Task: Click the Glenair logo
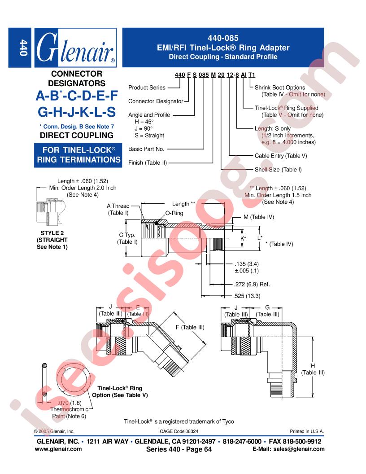point(75,48)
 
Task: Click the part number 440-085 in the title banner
point(223,38)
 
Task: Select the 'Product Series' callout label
point(147,88)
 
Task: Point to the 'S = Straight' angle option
point(149,136)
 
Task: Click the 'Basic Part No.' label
point(146,149)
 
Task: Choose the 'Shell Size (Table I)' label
point(278,170)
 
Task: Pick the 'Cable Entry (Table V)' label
point(280,156)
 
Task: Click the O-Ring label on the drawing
point(174,213)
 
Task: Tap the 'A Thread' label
point(118,206)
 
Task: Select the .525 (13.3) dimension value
point(247,296)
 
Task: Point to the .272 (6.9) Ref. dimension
point(252,285)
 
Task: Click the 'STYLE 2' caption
point(52,233)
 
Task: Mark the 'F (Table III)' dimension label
point(190,327)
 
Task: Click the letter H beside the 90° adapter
point(313,366)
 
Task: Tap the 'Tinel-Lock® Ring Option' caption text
point(120,392)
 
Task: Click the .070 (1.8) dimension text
point(70,403)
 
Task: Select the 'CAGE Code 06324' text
point(179,431)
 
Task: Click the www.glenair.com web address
point(58,449)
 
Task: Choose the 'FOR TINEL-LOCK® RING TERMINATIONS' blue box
point(78,155)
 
